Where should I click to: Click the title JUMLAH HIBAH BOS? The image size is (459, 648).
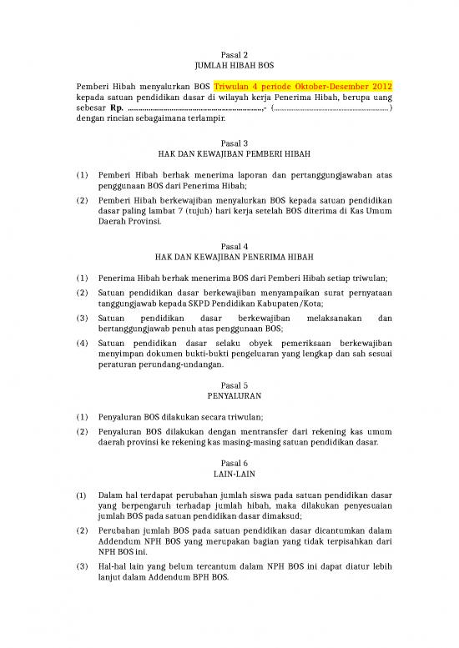[x=229, y=66]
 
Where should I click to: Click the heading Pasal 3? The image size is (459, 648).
[x=229, y=143]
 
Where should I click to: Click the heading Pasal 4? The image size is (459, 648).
[x=229, y=246]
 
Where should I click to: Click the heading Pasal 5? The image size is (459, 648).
[x=229, y=385]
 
